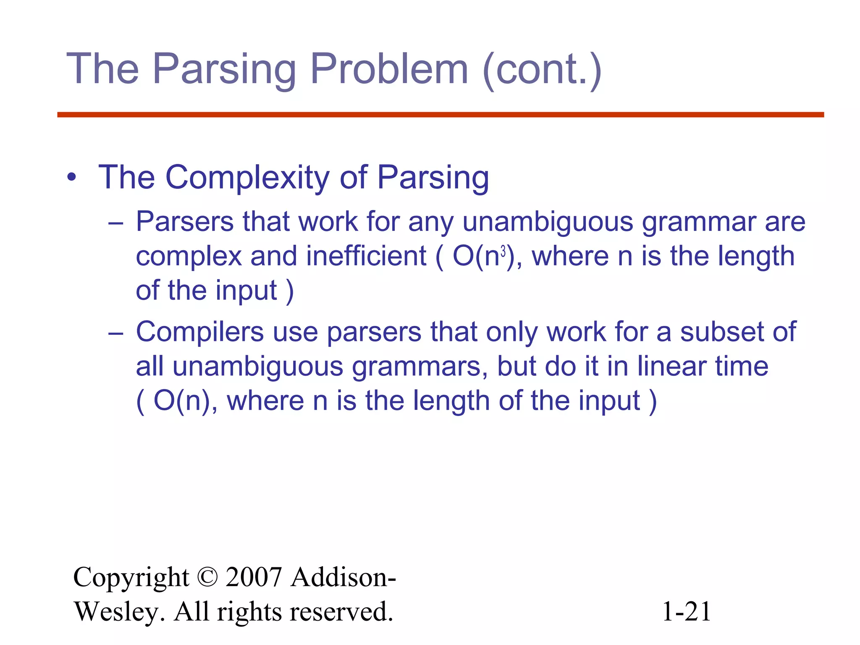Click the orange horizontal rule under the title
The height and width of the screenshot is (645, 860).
click(x=440, y=115)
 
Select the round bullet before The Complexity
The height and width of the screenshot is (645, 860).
click(x=72, y=178)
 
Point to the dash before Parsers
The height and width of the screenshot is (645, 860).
click(x=115, y=223)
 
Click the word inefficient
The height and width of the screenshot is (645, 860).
click(x=366, y=256)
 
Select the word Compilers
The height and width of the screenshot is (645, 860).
click(x=199, y=332)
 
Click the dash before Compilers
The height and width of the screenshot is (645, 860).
click(x=115, y=333)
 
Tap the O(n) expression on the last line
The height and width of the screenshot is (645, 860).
click(x=182, y=401)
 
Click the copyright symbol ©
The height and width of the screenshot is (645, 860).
click(x=207, y=577)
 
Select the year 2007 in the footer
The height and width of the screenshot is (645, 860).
click(x=253, y=577)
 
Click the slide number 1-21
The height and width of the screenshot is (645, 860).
click(x=686, y=611)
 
